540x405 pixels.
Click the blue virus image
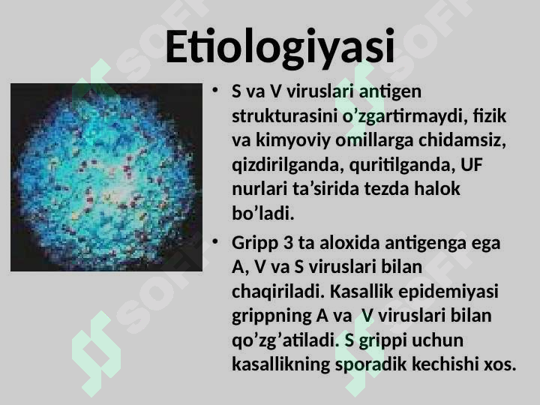point(106,177)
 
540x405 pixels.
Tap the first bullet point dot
point(215,90)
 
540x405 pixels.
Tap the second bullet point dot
point(215,241)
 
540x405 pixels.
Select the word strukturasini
point(284,116)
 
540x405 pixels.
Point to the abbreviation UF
point(472,164)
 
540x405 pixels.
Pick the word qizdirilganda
point(288,165)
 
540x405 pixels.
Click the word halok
point(437,189)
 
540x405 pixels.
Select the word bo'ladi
point(263,213)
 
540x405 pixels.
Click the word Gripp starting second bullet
point(255,244)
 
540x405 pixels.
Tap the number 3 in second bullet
point(288,243)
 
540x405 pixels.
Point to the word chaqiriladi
point(278,292)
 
